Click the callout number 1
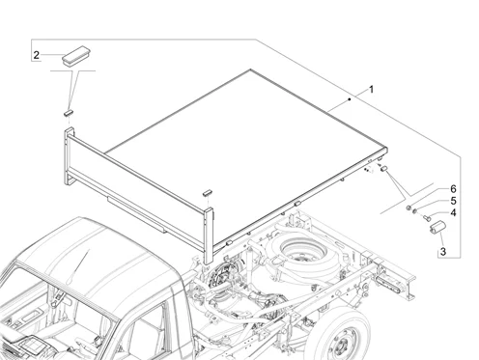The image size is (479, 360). click(371, 89)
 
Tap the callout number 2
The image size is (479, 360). click(37, 55)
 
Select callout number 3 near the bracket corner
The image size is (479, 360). click(443, 251)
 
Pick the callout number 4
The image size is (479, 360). click(453, 212)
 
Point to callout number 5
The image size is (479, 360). click(453, 201)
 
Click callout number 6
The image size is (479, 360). click(453, 189)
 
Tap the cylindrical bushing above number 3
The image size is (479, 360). click(437, 228)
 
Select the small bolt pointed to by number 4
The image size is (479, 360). click(426, 218)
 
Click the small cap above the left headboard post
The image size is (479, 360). click(69, 112)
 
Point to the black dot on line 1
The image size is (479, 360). click(350, 99)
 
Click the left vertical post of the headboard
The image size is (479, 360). click(70, 156)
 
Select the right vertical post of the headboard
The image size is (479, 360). click(209, 235)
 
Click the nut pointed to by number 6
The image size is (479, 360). click(409, 208)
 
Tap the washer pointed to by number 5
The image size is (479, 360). click(414, 211)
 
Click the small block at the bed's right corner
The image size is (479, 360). click(383, 168)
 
